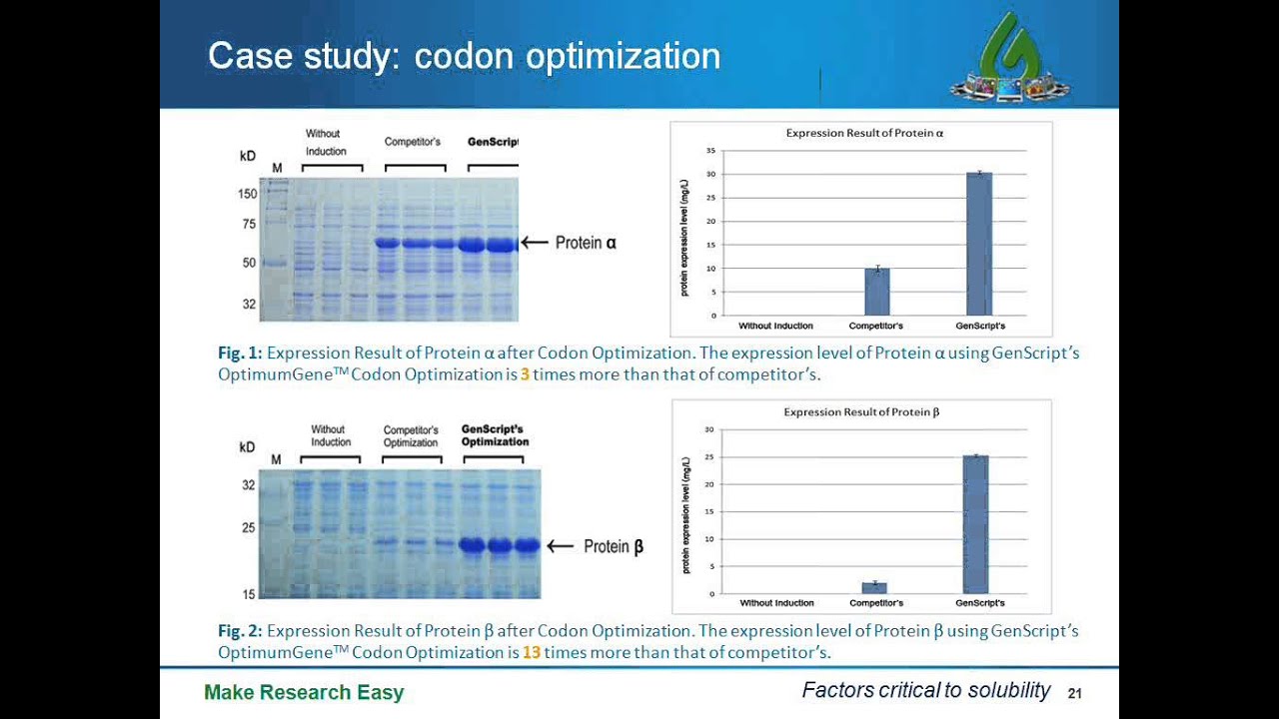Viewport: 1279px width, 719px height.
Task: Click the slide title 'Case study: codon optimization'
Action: click(464, 56)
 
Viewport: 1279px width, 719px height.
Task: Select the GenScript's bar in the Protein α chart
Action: click(979, 245)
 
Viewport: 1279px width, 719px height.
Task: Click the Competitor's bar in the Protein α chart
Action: click(876, 292)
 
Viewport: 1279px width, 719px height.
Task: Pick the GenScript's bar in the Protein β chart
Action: click(975, 525)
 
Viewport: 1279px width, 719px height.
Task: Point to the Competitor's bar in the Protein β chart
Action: click(874, 588)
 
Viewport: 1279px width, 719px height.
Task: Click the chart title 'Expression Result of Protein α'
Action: click(864, 133)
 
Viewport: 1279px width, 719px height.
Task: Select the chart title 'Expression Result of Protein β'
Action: click(861, 411)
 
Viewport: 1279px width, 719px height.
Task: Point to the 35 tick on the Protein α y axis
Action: click(710, 151)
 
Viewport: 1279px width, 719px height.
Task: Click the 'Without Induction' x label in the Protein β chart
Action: click(776, 603)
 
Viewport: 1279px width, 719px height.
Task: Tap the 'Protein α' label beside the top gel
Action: click(586, 243)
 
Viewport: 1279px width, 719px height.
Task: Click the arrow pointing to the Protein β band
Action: click(560, 546)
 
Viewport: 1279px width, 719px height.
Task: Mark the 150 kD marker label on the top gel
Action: click(247, 194)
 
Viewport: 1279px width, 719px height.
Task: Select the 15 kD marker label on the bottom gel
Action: click(247, 594)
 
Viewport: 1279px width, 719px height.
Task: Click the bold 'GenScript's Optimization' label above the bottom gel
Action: click(495, 436)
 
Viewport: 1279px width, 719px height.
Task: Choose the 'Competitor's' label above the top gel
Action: click(412, 142)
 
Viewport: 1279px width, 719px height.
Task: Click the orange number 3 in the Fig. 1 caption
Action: click(525, 374)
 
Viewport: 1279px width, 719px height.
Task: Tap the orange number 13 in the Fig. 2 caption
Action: click(531, 653)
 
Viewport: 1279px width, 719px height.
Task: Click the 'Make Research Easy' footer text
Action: click(304, 692)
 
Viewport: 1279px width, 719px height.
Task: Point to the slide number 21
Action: click(1075, 693)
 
